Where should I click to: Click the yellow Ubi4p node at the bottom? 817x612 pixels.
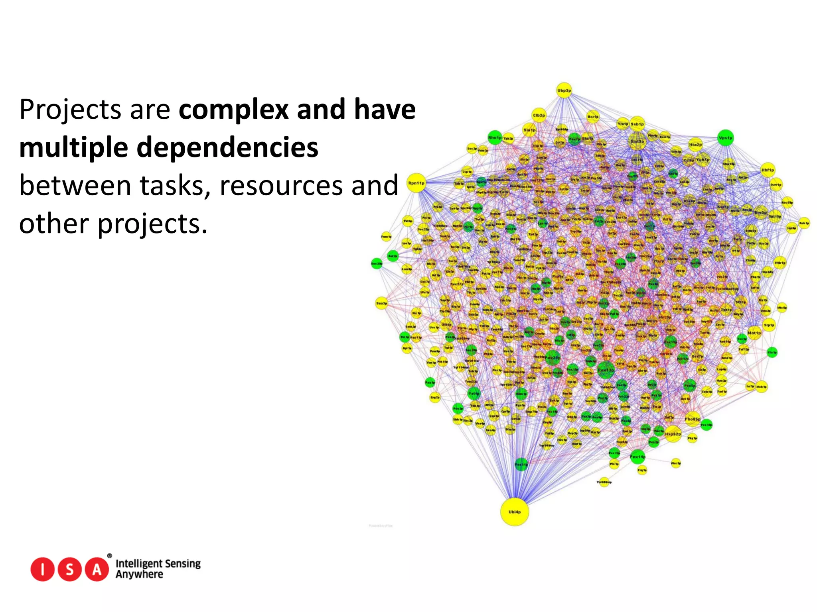[515, 512]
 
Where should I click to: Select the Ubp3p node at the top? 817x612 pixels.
[564, 90]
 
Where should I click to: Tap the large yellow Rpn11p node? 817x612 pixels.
[416, 183]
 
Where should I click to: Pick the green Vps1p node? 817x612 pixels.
[725, 138]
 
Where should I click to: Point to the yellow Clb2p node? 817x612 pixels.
[539, 115]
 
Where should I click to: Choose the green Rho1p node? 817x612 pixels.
[495, 137]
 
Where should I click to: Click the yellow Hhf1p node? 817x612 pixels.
[768, 170]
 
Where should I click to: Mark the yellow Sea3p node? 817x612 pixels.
[381, 303]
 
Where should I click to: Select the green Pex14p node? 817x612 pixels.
[637, 457]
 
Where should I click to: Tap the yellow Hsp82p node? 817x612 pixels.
[673, 434]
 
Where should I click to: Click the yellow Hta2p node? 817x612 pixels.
[695, 145]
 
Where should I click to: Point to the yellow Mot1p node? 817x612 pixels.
[754, 333]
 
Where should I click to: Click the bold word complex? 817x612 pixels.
[234, 110]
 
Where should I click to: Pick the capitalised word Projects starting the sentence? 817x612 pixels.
[70, 110]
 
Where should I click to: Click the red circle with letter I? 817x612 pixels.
[42, 569]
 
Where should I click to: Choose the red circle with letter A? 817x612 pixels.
[97, 569]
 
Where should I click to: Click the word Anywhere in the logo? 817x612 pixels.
[139, 575]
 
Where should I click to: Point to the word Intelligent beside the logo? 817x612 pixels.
[138, 563]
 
